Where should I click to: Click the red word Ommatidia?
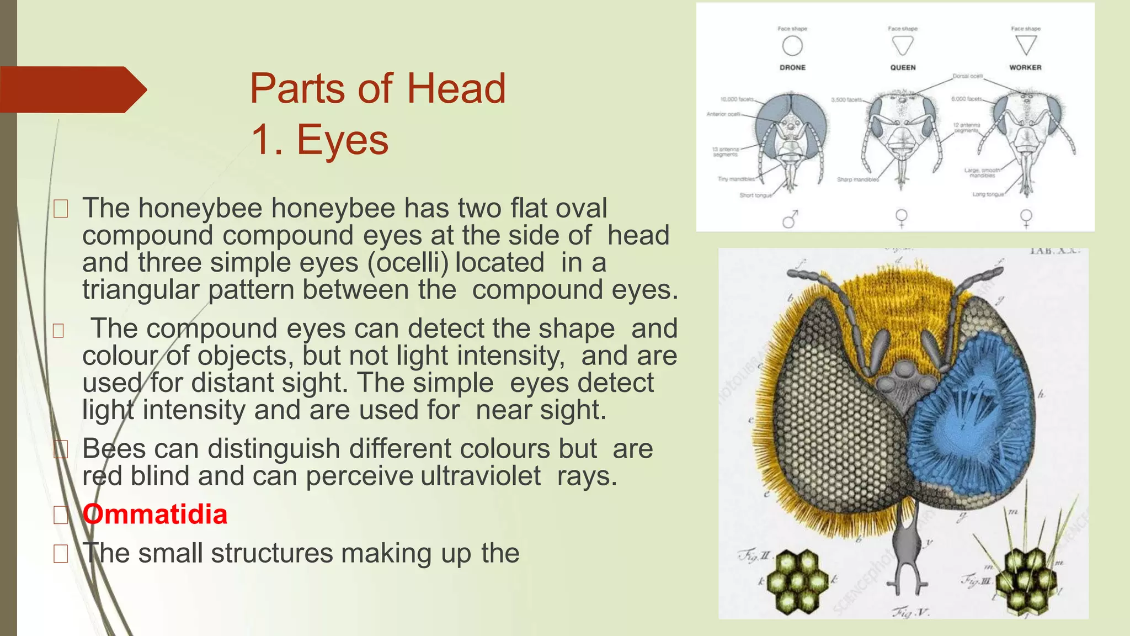point(155,515)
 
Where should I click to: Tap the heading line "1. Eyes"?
point(320,140)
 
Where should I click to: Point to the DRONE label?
point(792,67)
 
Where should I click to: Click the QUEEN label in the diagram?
point(903,67)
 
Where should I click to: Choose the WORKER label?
point(1025,67)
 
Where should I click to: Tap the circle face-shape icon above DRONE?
point(792,46)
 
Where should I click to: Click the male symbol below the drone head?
point(790,219)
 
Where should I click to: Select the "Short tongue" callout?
point(755,195)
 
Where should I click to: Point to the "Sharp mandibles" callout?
point(857,179)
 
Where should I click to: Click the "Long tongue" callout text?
point(988,194)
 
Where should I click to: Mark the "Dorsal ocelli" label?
point(967,76)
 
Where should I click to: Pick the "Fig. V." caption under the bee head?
point(911,612)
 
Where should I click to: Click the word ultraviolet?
point(481,476)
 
